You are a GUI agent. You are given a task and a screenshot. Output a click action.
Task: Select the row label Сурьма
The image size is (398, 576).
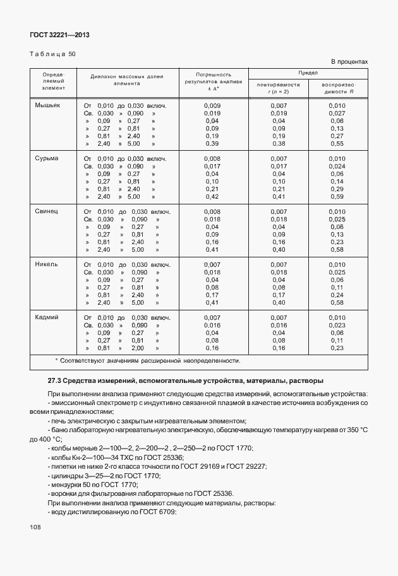47,158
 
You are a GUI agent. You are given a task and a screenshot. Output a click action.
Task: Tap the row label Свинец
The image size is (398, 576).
47,211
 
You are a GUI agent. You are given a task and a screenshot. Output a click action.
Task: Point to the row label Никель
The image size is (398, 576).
47,264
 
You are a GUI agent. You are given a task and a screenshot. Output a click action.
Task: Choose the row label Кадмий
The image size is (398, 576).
47,317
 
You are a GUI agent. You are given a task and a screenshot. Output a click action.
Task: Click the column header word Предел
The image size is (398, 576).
308,73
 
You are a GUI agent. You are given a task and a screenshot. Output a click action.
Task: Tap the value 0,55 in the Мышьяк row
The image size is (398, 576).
337,143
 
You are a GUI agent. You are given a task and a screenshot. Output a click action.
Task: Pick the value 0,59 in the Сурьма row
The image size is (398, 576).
337,196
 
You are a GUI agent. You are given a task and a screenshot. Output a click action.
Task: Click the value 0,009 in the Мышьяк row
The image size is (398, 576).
212,105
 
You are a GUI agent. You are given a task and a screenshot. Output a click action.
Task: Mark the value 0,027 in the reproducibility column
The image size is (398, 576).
337,113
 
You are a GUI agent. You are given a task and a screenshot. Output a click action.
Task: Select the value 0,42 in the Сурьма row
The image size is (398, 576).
212,196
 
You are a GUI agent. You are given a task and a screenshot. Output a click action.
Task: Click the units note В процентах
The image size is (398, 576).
349,61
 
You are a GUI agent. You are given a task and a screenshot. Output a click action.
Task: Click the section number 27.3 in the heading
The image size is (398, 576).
54,381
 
